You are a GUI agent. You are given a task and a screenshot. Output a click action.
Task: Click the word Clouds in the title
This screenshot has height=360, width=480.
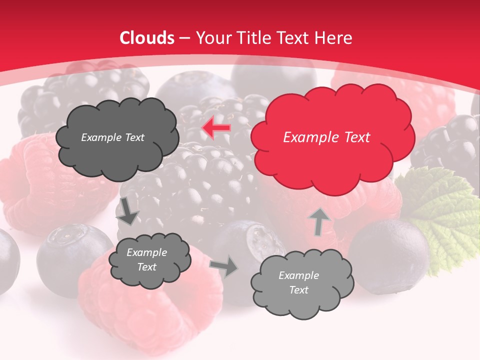147,38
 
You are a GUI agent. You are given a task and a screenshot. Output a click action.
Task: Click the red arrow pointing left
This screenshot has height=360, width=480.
216,128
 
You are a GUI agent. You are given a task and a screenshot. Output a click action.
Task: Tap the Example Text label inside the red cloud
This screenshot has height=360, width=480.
326,137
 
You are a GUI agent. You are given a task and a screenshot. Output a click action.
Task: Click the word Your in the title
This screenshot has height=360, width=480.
210,38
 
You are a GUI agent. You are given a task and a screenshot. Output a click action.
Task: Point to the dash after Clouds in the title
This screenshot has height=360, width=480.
184,38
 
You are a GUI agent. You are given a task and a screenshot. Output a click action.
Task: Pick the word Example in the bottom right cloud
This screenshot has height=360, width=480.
298,275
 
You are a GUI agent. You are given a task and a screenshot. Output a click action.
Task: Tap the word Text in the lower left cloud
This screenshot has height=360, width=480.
146,267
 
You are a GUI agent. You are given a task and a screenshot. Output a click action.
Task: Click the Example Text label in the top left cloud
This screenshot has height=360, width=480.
112,137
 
